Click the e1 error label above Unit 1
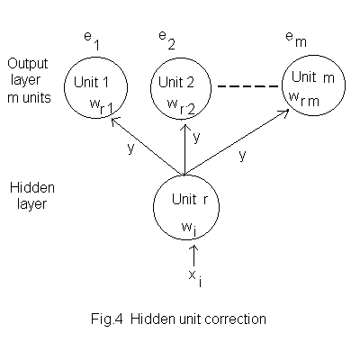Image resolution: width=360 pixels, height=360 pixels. tap(92, 41)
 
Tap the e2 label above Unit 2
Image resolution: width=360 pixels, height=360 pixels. tap(166, 40)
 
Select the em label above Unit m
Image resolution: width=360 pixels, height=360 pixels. tap(296, 39)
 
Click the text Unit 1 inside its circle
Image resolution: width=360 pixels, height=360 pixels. tap(91, 82)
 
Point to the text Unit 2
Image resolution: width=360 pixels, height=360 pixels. tap(176, 82)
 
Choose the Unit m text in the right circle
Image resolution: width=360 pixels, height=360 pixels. tap(313, 77)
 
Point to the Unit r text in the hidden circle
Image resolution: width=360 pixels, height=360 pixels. tap(190, 199)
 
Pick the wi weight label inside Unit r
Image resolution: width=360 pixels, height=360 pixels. tap(189, 229)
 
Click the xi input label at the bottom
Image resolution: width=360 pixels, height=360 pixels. tap(195, 278)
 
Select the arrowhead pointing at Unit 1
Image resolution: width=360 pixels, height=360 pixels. tap(115, 121)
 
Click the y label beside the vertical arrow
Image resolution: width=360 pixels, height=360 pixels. tap(196, 137)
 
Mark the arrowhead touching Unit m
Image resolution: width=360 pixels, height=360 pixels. tap(283, 112)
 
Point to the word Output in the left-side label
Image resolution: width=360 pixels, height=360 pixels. tap(28, 63)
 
